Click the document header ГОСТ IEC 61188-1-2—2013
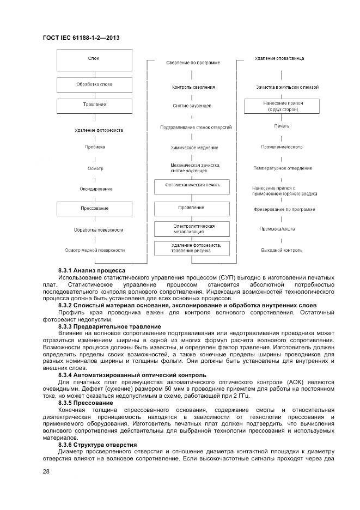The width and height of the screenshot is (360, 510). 81,38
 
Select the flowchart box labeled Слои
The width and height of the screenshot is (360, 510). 95,59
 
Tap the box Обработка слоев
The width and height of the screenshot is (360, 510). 95,84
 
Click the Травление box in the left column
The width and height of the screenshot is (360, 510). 95,105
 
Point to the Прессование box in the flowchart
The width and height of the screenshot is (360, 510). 95,209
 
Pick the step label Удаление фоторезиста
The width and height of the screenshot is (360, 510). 99,130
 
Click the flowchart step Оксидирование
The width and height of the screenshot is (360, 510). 96,189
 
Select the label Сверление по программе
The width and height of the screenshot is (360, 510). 193,63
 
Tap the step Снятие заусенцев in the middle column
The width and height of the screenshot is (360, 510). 192,106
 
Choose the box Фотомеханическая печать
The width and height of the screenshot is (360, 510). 192,186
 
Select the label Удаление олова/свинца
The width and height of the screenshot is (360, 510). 279,58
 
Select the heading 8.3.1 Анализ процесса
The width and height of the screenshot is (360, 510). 91,270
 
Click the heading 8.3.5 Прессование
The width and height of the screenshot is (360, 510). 86,403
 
